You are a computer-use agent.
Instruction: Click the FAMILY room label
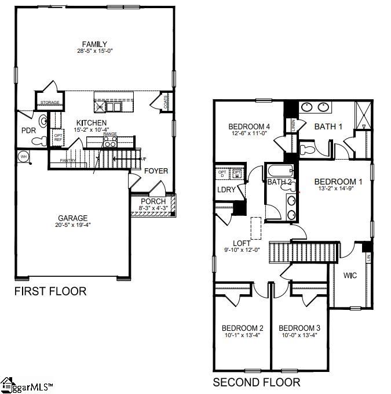coord(94,44)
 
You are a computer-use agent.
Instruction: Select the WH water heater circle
coord(24,156)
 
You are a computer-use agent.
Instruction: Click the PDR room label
coord(29,130)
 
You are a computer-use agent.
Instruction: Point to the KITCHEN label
coord(92,122)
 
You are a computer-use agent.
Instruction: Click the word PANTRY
coord(68,160)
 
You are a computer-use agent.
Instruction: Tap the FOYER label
coord(156,171)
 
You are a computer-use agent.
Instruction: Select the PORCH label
coord(154,201)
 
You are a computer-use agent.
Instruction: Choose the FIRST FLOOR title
coord(50,291)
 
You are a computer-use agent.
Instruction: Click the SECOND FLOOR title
coord(257,382)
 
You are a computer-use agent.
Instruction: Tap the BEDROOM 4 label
coord(249,126)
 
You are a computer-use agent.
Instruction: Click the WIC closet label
coord(350,275)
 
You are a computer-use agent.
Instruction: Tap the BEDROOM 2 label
coord(242,328)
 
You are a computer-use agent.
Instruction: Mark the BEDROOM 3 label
coord(299,328)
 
